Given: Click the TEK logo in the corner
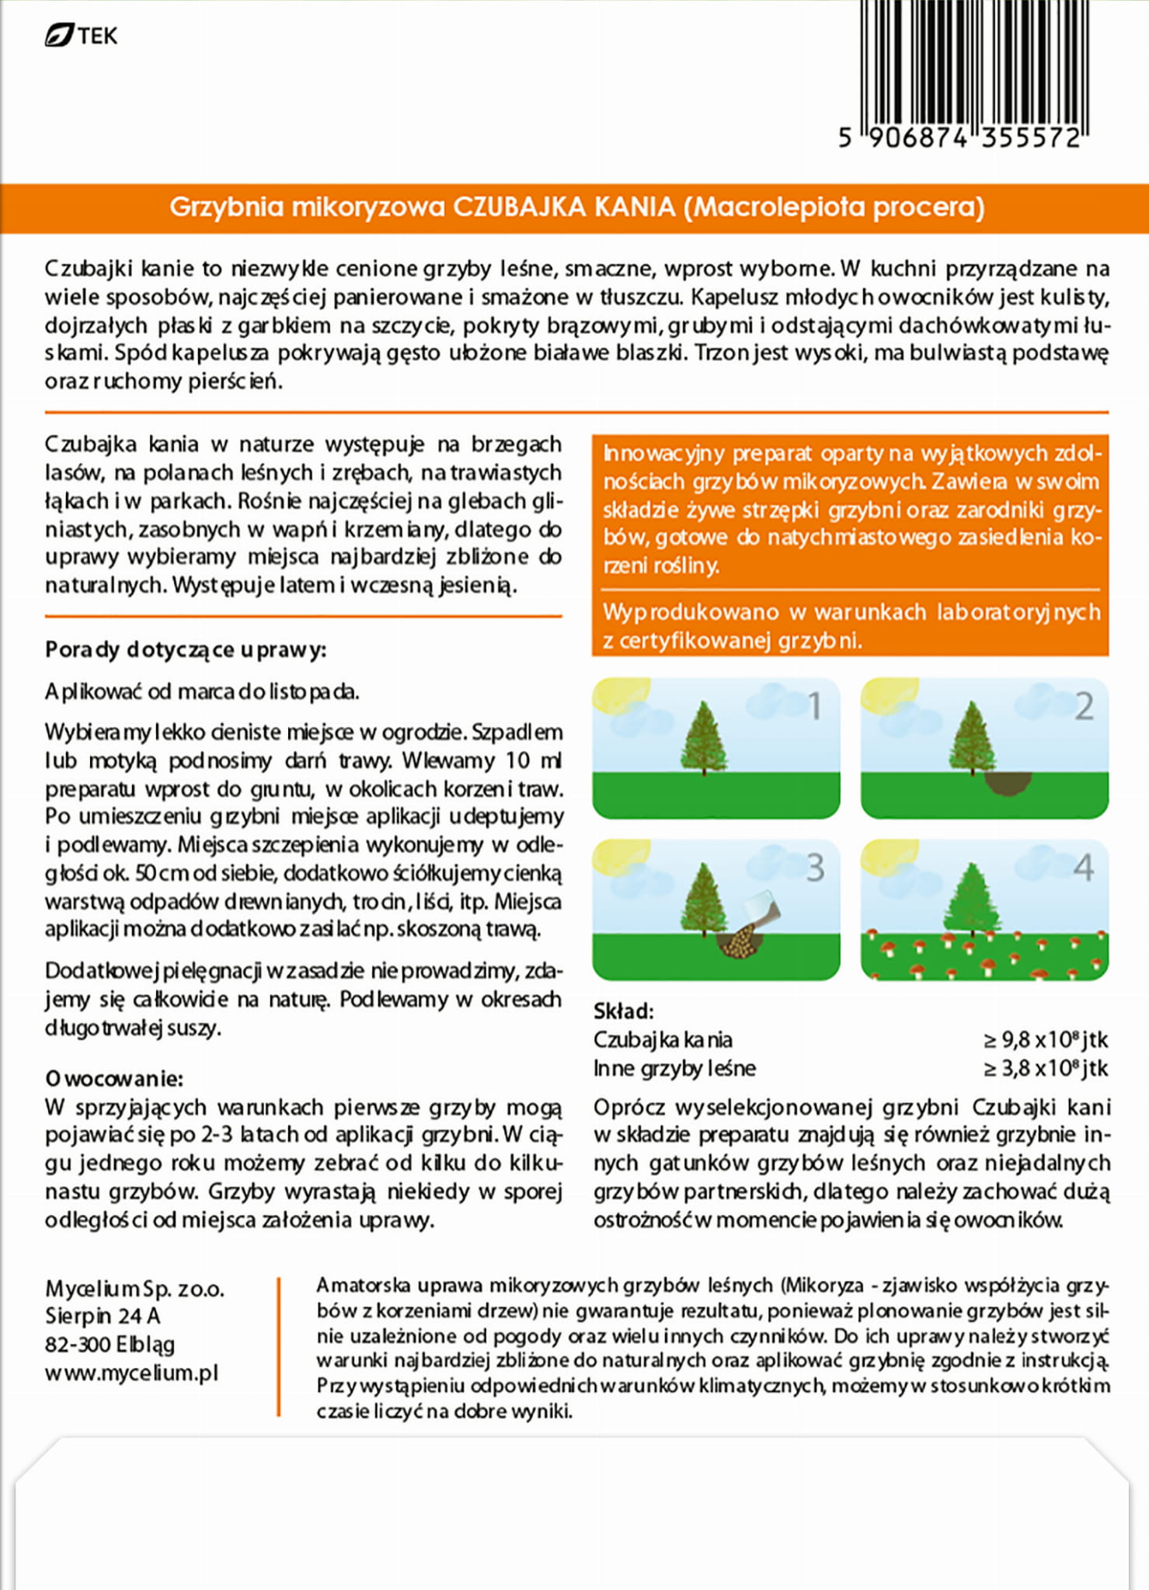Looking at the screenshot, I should (x=81, y=36).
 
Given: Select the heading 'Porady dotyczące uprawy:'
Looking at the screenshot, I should (x=186, y=649).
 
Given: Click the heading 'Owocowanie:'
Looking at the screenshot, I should (x=114, y=1078).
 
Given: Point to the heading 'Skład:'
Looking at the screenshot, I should (x=623, y=1011).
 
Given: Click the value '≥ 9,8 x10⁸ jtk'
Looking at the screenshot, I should (x=1045, y=1039).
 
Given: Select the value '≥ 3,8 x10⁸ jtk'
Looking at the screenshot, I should (x=1045, y=1068).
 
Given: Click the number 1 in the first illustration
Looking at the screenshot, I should (x=814, y=706).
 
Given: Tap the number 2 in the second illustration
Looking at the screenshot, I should (x=1084, y=706).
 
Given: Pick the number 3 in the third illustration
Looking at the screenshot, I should (x=814, y=868).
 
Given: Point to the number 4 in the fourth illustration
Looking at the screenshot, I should (x=1084, y=868).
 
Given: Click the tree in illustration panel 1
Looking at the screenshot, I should (x=704, y=738).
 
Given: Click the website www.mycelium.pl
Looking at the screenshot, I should (x=131, y=1373).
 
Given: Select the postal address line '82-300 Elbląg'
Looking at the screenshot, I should (x=110, y=1344).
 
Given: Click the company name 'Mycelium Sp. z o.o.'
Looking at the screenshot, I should (x=134, y=1289).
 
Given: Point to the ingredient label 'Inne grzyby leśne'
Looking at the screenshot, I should (x=674, y=1068).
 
